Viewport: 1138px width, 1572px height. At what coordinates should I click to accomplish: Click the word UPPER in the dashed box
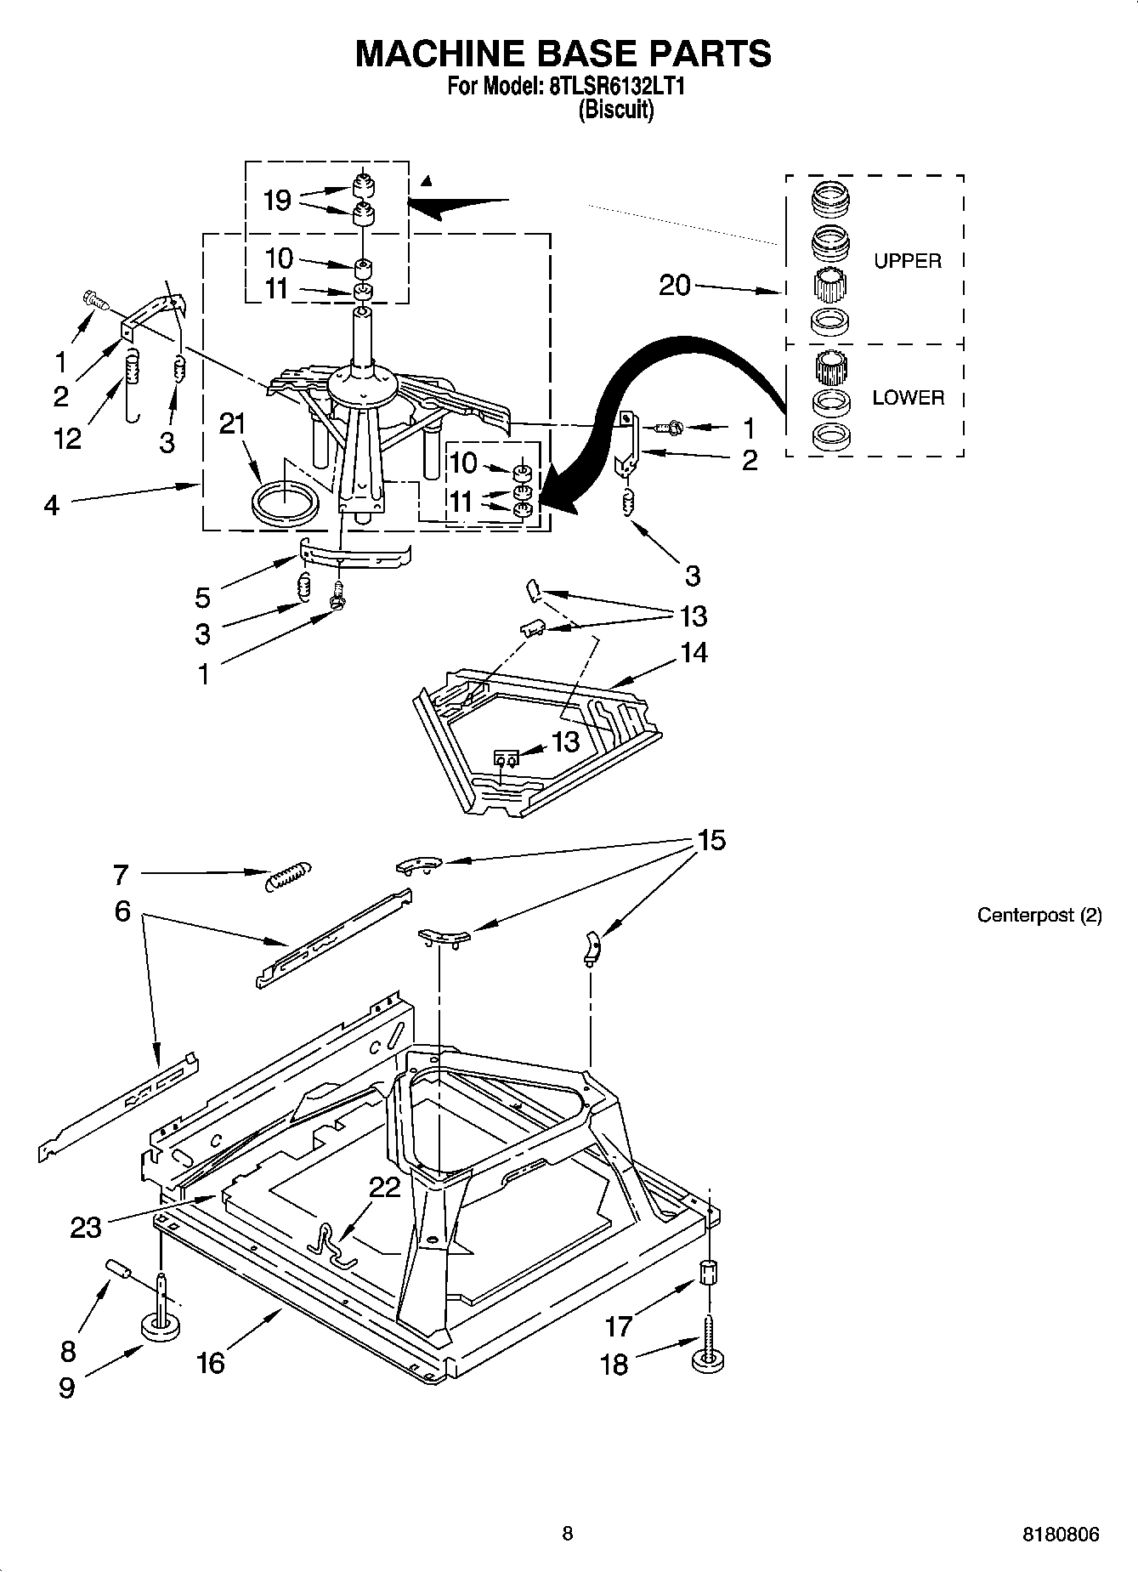tap(907, 261)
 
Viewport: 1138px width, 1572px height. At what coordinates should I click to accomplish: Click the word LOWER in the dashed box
tap(908, 397)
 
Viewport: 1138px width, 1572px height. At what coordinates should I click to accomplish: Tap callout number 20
tap(675, 285)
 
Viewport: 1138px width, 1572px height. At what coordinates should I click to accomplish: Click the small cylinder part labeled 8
tap(119, 1268)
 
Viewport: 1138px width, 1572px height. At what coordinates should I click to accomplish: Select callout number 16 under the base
tap(210, 1363)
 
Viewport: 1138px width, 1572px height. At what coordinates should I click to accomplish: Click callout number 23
tap(86, 1227)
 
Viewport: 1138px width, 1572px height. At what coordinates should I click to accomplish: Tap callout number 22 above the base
tap(384, 1187)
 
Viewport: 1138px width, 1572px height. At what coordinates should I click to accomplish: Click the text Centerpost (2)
tap(1039, 915)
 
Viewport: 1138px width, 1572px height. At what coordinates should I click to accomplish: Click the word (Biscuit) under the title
tap(616, 111)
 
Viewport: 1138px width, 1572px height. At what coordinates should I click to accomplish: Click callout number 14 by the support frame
tap(694, 653)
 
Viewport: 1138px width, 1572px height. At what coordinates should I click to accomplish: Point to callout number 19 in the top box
tap(277, 201)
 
